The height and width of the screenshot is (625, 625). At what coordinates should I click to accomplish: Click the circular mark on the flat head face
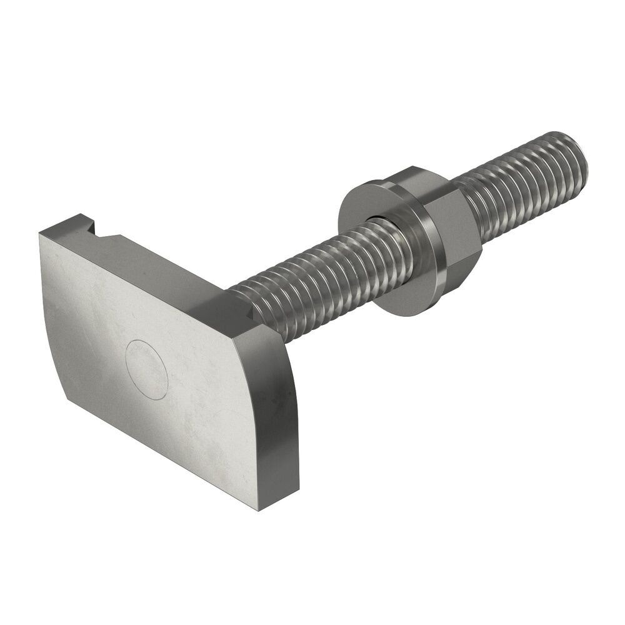[147, 369]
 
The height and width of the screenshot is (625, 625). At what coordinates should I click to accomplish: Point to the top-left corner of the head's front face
[41, 235]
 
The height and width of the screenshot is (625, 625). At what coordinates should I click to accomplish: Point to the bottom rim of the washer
[400, 312]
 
